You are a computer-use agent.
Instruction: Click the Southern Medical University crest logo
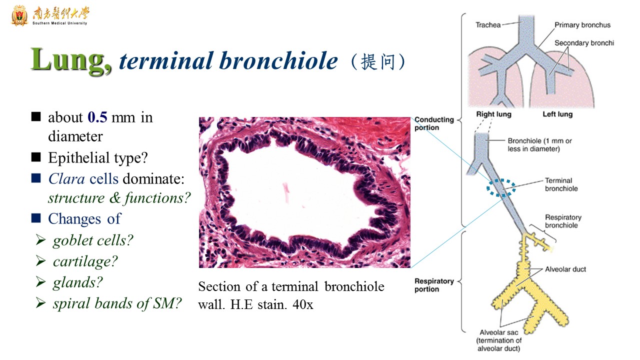pyautogui.click(x=19, y=15)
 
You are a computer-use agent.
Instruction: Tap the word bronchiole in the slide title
pyautogui.click(x=278, y=60)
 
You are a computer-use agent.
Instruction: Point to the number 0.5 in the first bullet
pyautogui.click(x=97, y=117)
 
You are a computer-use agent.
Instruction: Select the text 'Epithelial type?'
pyautogui.click(x=98, y=157)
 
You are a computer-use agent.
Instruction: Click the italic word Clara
pyautogui.click(x=66, y=179)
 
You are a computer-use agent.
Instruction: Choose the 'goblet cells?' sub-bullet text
pyautogui.click(x=93, y=240)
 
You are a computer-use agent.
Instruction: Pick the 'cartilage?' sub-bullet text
pyautogui.click(x=85, y=261)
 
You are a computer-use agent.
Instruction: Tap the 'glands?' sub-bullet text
pyautogui.click(x=77, y=282)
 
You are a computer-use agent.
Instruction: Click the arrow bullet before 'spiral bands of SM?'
pyautogui.click(x=41, y=303)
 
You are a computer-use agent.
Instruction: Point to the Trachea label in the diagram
pyautogui.click(x=488, y=25)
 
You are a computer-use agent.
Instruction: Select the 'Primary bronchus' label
pyautogui.click(x=582, y=25)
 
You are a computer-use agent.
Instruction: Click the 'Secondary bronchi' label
pyautogui.click(x=584, y=43)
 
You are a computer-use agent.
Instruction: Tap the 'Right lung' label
pyautogui.click(x=493, y=114)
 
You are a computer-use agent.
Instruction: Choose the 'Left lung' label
pyautogui.click(x=557, y=114)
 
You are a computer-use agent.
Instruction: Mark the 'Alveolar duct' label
pyautogui.click(x=565, y=269)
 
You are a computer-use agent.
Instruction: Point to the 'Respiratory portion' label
pyautogui.click(x=434, y=285)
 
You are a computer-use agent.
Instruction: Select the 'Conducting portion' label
pyautogui.click(x=434, y=123)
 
